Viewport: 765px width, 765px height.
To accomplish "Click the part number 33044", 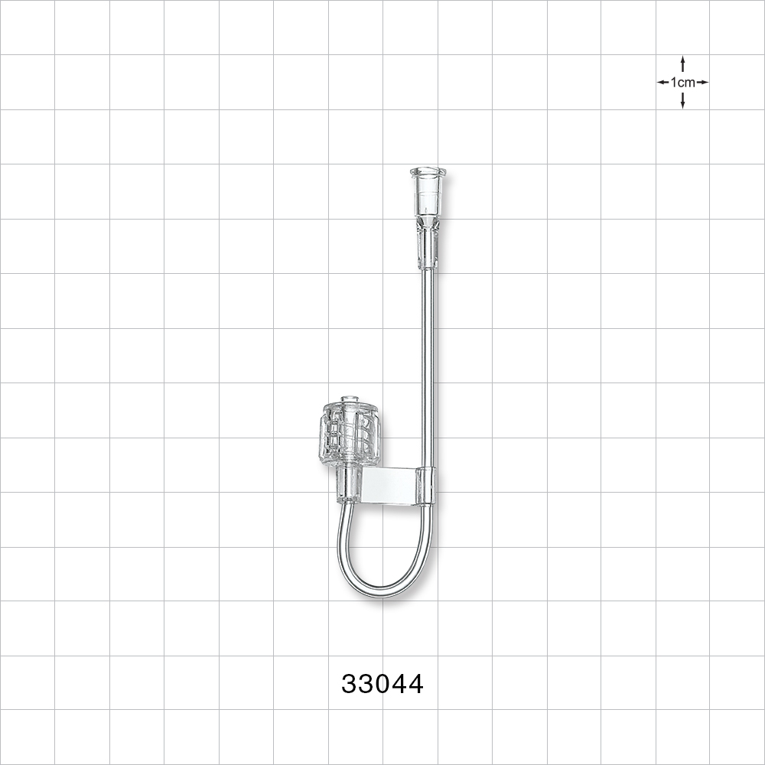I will pyautogui.click(x=382, y=683).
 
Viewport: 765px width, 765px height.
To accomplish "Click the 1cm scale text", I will pyautogui.click(x=682, y=83).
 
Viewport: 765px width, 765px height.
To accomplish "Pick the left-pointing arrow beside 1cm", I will pyautogui.click(x=662, y=82).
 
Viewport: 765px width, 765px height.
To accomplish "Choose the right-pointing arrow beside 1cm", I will pyautogui.click(x=703, y=82).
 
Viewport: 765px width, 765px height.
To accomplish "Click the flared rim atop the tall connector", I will pyautogui.click(x=428, y=171).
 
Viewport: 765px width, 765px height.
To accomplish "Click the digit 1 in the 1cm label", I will pyautogui.click(x=674, y=83).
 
